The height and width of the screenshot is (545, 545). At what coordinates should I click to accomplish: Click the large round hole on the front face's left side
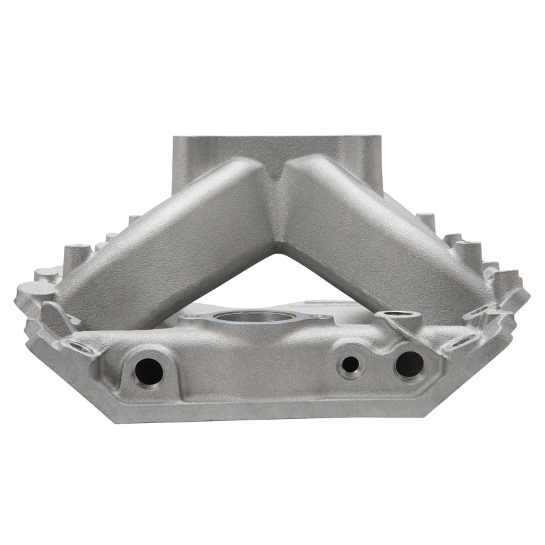(149, 371)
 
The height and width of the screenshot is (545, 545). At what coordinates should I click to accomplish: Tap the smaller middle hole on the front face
(350, 364)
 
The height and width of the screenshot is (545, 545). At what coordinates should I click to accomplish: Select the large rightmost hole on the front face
(409, 364)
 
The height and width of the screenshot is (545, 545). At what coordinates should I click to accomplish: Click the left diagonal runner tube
(170, 245)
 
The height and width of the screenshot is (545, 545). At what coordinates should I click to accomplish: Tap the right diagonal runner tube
(381, 238)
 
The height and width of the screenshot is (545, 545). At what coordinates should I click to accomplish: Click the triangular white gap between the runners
(276, 279)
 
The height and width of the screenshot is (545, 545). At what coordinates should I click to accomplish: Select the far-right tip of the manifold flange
(528, 297)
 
